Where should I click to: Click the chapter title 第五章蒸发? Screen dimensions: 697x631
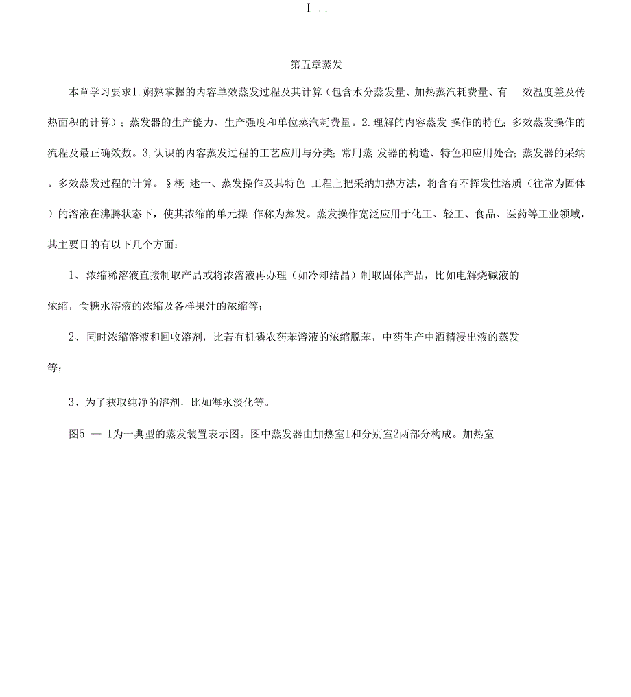[x=315, y=65]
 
